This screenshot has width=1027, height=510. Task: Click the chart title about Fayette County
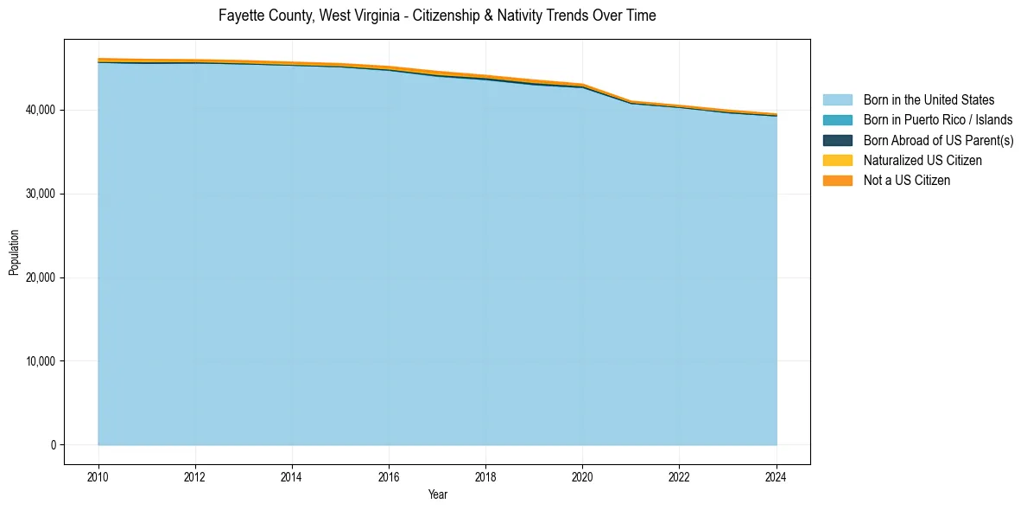437,16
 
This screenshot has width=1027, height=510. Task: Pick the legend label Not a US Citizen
907,181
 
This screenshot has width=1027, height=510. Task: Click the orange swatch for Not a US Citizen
837,181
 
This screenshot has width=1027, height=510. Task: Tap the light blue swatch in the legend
837,100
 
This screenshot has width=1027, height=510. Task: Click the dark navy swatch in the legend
837,140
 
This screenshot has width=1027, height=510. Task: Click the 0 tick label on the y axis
53,445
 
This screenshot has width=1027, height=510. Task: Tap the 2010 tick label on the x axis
98,476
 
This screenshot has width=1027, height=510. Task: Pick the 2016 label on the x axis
389,476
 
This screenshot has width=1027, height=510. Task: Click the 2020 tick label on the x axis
582,476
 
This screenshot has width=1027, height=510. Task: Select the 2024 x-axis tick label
777,476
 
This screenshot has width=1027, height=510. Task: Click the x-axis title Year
437,494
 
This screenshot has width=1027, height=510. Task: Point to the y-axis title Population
14,252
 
